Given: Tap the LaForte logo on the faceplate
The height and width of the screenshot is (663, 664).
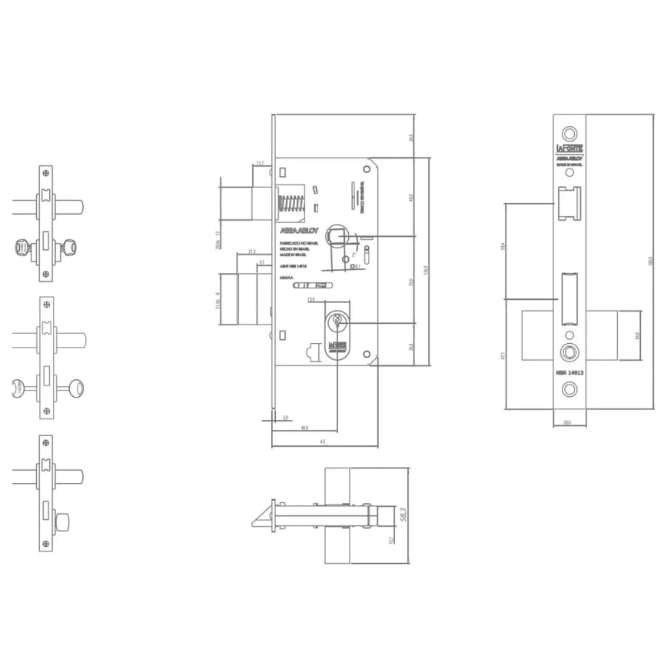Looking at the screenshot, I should tap(569, 146).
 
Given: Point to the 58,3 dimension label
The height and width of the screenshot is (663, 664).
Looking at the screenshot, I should tap(402, 515).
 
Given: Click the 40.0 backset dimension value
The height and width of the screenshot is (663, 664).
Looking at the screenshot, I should tap(304, 428).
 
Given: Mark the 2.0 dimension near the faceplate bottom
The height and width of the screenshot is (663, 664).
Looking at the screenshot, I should tap(285, 417).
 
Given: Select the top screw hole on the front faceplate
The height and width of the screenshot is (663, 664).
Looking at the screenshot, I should tap(569, 130).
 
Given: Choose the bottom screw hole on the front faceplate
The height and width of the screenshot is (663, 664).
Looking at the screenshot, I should tap(569, 389).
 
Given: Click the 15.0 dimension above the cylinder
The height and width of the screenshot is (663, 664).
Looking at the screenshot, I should tap(310, 299).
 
